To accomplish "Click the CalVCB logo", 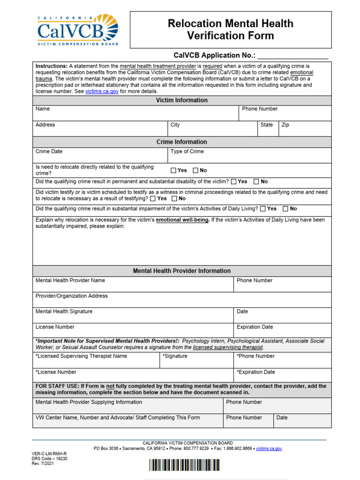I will tap(78, 30).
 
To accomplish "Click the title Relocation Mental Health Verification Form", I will tap(230, 29).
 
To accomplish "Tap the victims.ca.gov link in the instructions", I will tap(102, 92).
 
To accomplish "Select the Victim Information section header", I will tap(182, 100).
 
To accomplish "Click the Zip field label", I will tap(285, 125).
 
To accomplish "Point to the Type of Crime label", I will tap(187, 152).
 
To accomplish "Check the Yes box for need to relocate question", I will tap(173, 171).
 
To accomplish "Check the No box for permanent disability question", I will tap(256, 182).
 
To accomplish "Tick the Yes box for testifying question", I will tap(153, 199).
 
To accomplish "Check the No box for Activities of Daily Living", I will tap(285, 209).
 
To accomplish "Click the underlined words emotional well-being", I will tap(182, 220).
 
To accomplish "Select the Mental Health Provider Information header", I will tap(182, 271).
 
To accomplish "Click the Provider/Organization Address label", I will tap(72, 296).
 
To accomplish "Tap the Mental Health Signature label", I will tap(64, 312).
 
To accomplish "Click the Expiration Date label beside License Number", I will tap(255, 327).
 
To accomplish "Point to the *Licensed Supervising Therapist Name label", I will tap(81, 356).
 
